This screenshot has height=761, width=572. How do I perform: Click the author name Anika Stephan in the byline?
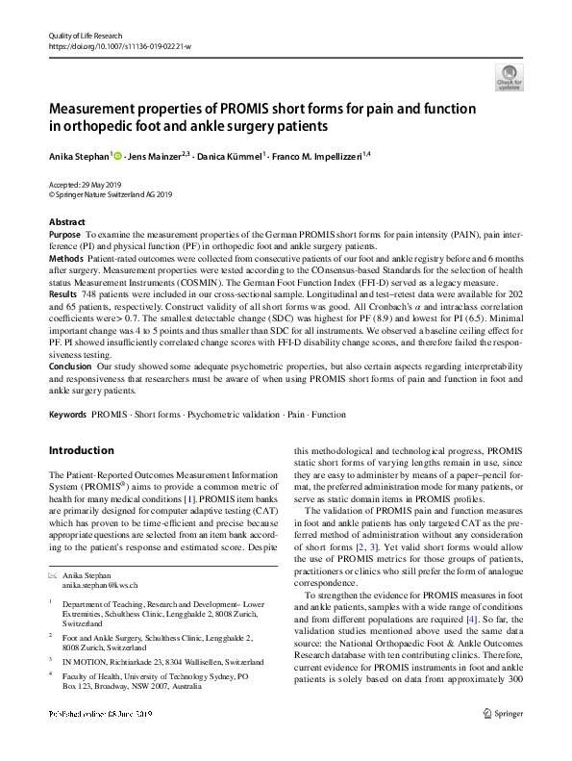point(82,154)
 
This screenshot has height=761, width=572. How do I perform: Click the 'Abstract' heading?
point(66,221)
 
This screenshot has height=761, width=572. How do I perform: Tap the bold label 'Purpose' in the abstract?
point(64,234)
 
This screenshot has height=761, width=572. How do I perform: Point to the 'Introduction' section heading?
point(81,450)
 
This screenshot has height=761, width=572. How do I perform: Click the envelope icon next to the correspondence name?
point(53,573)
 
